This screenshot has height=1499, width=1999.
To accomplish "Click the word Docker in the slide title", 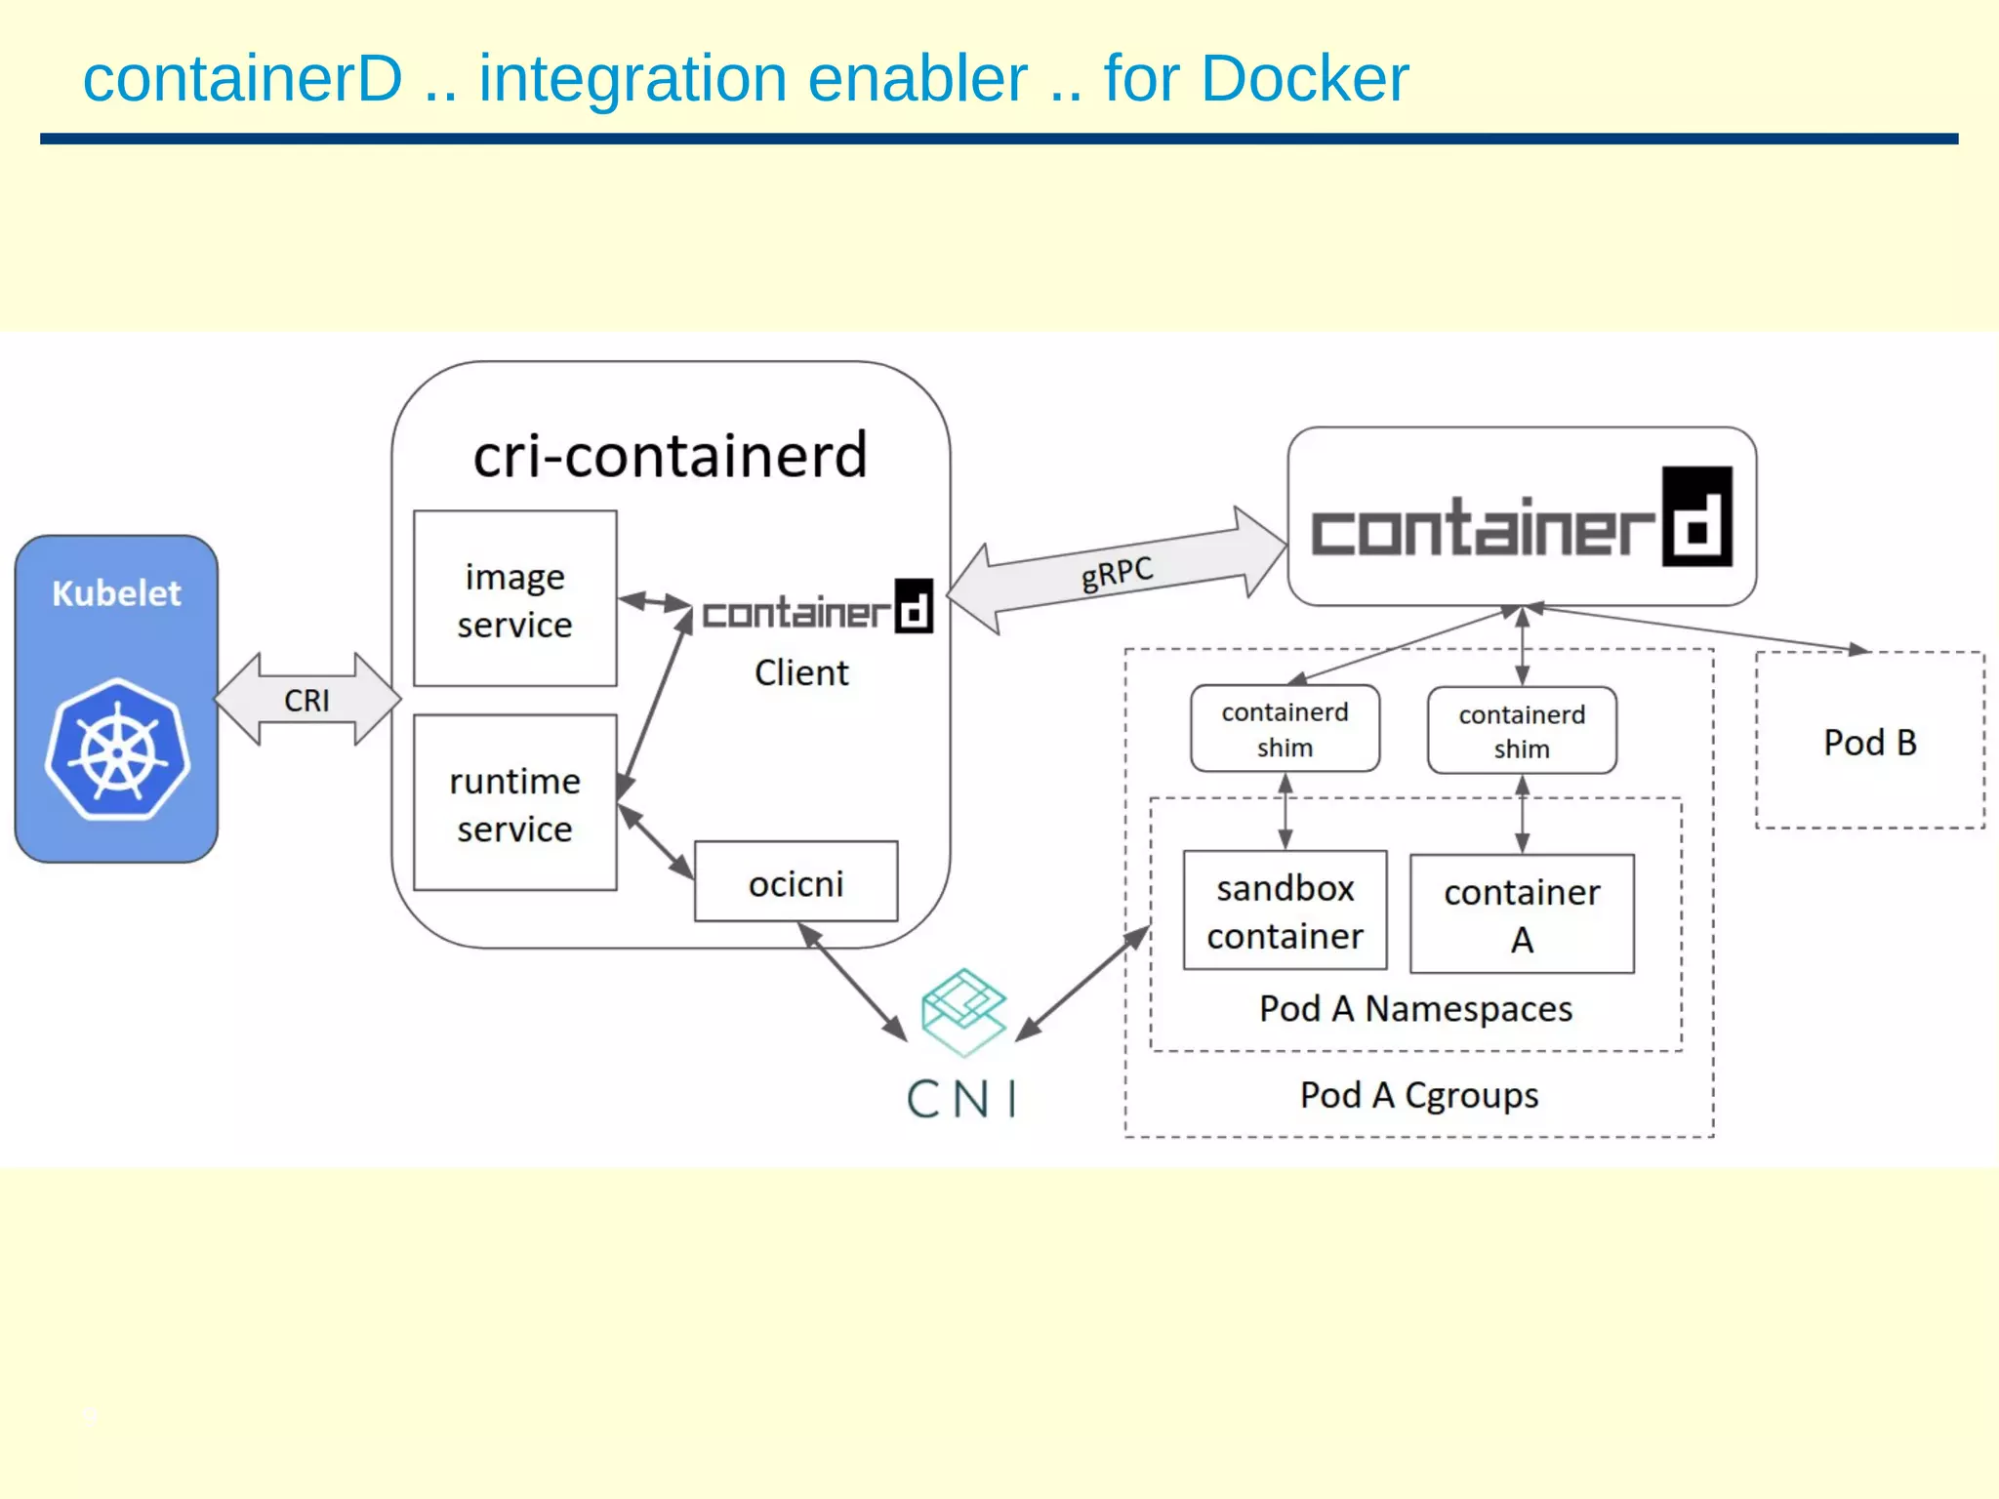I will coord(1304,78).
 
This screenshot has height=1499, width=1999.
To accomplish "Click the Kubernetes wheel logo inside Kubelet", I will coord(117,749).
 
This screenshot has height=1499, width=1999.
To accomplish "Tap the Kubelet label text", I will coord(116,593).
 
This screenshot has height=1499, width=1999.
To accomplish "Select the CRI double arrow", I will coord(307,700).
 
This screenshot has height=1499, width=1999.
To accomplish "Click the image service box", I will coord(514,598).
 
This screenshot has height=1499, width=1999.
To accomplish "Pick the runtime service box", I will coord(514,803).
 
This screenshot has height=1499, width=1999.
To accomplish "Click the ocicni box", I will coord(796,882).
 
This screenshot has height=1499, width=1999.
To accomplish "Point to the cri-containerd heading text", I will coord(671,456).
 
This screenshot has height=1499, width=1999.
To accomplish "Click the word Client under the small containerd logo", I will coord(801,672).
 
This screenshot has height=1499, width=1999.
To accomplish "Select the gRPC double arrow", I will coord(1117,572).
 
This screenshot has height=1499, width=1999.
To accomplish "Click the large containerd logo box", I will coord(1521,517).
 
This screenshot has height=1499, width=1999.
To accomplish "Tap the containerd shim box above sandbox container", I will coord(1285,729).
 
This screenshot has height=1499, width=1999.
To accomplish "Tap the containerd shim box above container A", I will coord(1521,731).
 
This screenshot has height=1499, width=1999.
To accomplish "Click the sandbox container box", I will coord(1285,911).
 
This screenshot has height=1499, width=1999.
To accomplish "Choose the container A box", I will coord(1521,914).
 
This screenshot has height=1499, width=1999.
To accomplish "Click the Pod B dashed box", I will coord(1869,742).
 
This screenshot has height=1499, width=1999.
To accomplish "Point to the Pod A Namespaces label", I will coord(1415,1009).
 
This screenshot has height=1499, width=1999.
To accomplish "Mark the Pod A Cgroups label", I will coord(1418,1095).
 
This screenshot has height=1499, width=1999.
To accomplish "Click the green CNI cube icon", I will coord(963,1011).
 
